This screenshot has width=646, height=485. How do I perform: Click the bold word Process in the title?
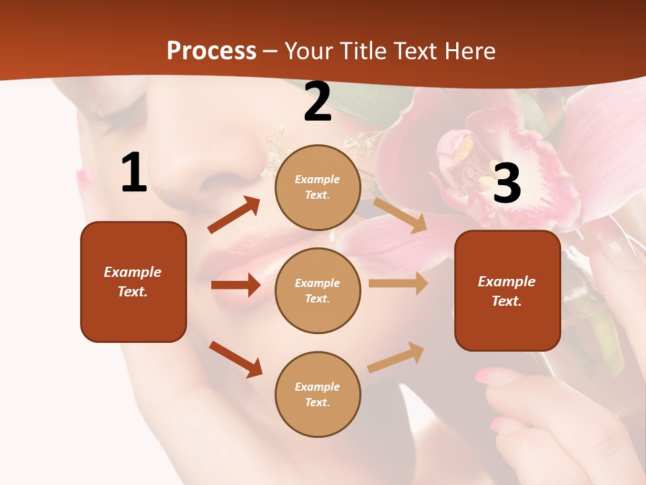(x=211, y=51)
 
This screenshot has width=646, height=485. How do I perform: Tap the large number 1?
(x=134, y=173)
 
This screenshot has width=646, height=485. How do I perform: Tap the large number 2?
(x=318, y=102)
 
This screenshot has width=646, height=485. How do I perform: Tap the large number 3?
(x=507, y=183)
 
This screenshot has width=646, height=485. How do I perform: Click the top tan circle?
(x=318, y=187)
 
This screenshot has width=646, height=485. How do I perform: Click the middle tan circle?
(x=318, y=290)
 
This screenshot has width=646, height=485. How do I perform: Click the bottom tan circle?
(x=318, y=394)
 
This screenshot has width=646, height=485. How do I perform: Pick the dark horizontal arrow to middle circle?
(x=236, y=285)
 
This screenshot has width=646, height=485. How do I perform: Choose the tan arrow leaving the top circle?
(x=400, y=215)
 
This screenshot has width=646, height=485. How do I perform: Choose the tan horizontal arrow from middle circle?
(x=398, y=284)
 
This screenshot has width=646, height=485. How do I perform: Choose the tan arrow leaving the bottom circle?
(x=396, y=358)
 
